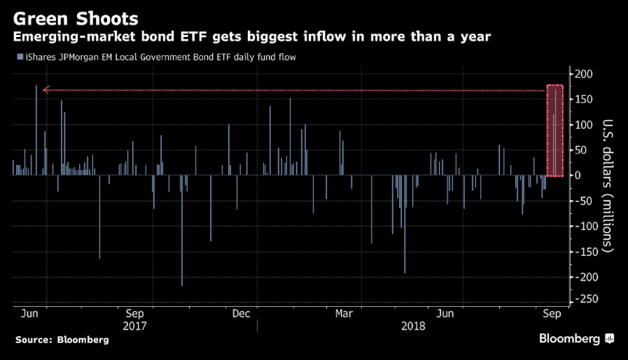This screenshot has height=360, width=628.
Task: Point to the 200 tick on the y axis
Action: coord(584,74)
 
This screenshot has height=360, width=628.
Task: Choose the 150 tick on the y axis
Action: coord(584,100)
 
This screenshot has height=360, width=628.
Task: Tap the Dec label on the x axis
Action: coord(241,314)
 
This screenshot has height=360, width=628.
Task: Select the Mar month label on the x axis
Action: coord(345,314)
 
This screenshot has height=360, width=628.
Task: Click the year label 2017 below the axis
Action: coord(135,326)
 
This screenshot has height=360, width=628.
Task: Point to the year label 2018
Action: coord(414,326)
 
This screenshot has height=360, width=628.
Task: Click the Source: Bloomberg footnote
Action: coord(62,340)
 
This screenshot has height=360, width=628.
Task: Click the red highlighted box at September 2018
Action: coord(555,131)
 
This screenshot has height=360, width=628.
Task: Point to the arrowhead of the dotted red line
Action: coord(45,90)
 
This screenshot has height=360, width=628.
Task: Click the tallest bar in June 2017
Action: coord(36,130)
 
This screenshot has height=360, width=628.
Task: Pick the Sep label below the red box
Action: coord(553,314)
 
